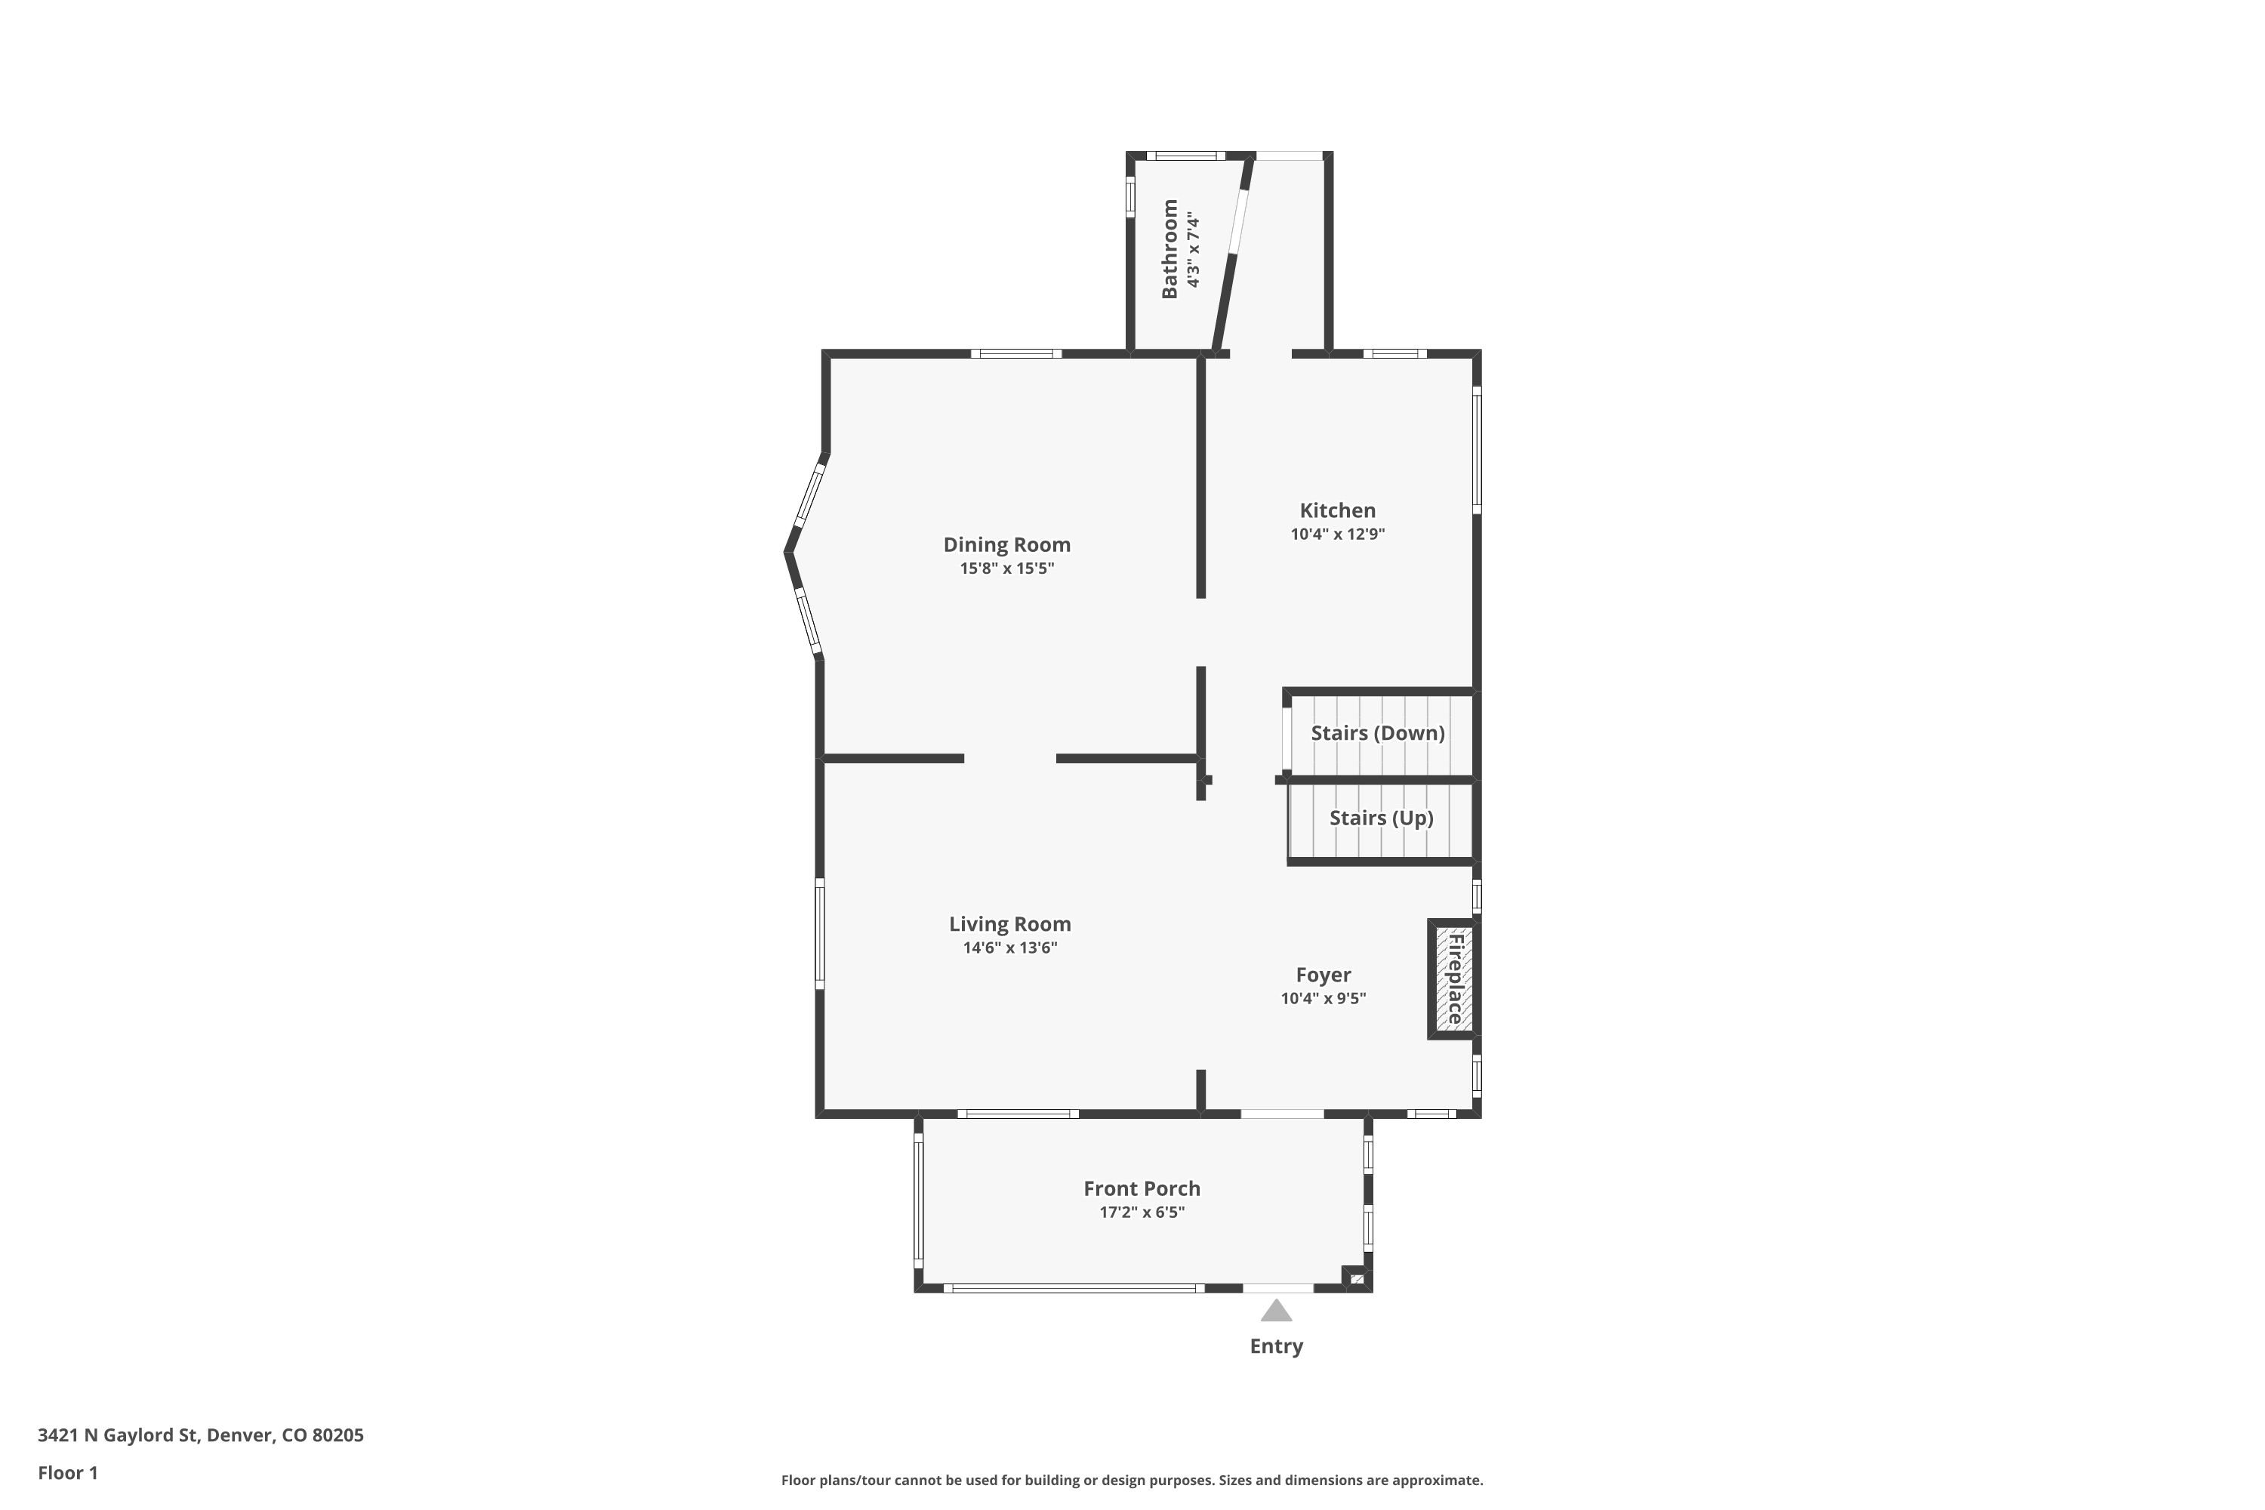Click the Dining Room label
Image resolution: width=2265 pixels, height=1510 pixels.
click(1006, 545)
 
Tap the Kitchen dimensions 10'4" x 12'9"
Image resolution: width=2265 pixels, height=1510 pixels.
click(1338, 535)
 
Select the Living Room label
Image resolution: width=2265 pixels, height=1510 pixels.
click(1009, 924)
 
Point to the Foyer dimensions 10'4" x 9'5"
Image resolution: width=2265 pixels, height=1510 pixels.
click(1324, 999)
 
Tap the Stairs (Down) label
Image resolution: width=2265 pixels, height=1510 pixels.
click(1377, 733)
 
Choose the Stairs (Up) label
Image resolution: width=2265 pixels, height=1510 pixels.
click(1381, 818)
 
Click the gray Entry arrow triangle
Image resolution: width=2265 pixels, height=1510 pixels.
click(1276, 1311)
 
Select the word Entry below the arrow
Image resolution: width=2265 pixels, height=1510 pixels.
click(1276, 1346)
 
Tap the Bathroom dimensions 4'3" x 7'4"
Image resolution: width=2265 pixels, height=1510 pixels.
click(1194, 249)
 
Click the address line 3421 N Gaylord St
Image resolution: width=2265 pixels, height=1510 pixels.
click(200, 1435)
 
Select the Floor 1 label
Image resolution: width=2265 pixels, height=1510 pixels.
click(67, 1472)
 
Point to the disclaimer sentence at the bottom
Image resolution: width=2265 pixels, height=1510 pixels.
click(1132, 1480)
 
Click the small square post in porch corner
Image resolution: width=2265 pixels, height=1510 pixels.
click(1355, 1278)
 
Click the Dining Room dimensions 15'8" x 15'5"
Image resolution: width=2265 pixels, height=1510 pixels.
click(1006, 569)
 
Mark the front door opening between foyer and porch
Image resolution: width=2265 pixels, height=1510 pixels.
click(1282, 1114)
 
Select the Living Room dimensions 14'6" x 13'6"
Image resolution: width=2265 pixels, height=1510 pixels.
click(1009, 948)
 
